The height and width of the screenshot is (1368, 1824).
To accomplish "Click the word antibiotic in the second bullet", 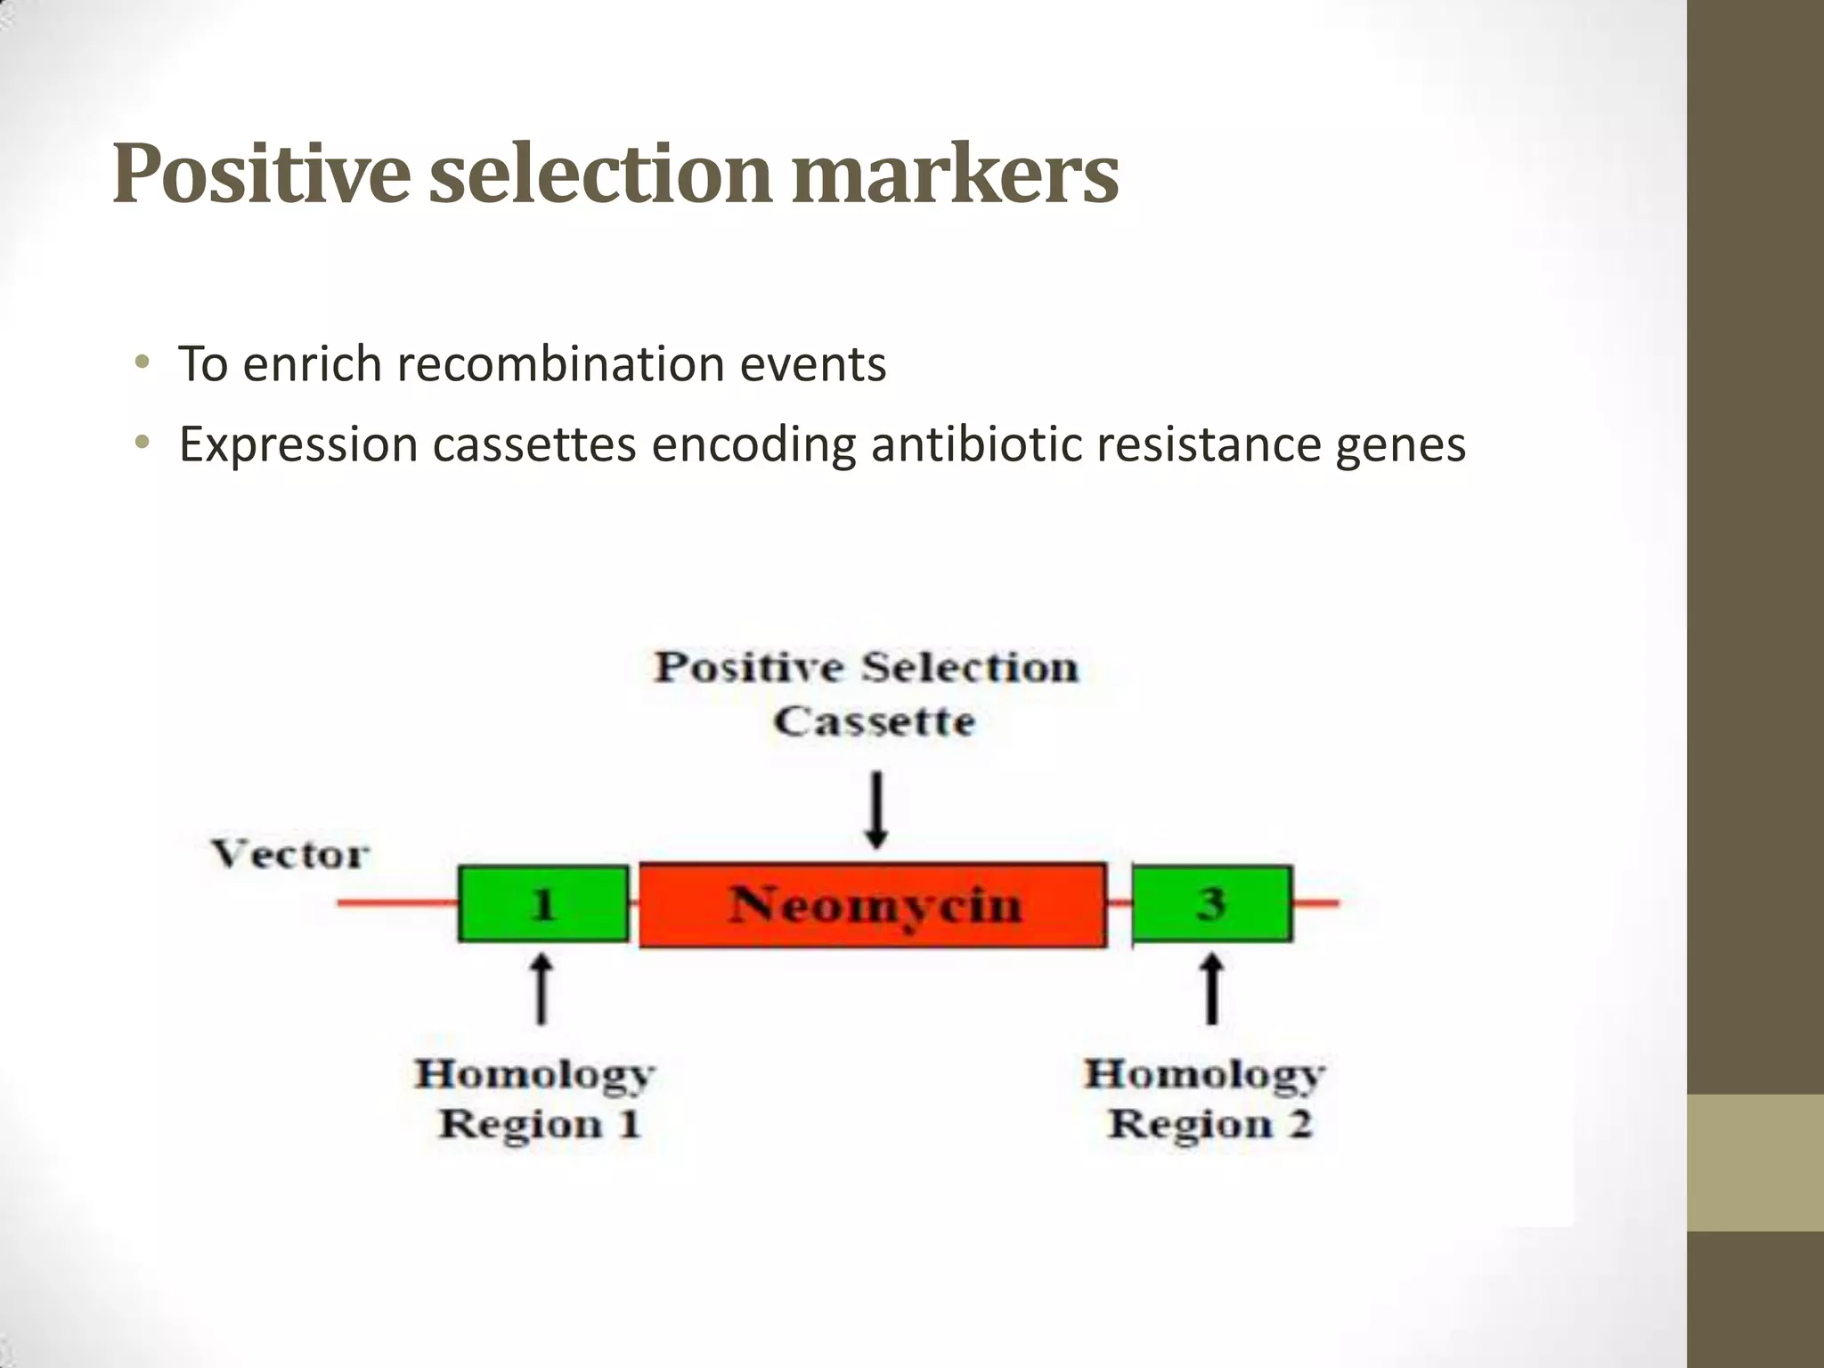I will (976, 444).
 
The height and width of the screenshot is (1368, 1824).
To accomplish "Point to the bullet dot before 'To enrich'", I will (142, 362).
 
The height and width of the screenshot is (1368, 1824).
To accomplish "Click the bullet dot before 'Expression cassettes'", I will (142, 443).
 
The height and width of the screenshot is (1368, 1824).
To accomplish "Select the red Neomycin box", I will (873, 905).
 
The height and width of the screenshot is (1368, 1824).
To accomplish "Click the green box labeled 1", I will (542, 904).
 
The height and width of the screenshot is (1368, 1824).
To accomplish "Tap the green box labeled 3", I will (1211, 903).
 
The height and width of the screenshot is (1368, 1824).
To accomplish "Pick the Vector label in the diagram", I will (290, 854).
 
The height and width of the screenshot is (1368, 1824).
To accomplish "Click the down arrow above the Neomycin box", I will (876, 809).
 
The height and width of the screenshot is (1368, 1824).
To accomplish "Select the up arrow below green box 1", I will (541, 989).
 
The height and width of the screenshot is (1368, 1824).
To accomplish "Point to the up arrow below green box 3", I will (1210, 989).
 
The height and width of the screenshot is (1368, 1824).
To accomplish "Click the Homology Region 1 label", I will (537, 1098).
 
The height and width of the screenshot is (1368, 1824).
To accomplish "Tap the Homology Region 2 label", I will (1207, 1098).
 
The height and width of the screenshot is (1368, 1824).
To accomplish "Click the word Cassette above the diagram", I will (874, 721).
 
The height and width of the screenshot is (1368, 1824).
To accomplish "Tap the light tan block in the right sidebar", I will (1755, 1162).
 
